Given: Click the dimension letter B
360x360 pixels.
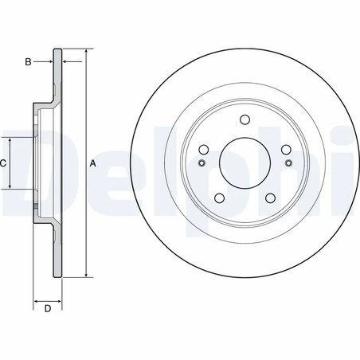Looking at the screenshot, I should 28,61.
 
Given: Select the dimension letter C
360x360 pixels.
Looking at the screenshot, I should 3,163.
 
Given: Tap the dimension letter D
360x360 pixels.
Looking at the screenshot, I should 48,309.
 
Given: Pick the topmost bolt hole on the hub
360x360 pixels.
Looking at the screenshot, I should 243,120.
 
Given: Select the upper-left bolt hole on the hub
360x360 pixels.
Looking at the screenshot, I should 203,149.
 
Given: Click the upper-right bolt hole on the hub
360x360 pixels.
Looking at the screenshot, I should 284,149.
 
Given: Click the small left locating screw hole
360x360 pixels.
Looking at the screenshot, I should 201,164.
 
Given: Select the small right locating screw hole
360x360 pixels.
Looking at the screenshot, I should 287,164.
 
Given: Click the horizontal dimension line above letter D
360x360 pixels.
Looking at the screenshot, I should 48,302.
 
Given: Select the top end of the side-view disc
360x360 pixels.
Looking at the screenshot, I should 57,49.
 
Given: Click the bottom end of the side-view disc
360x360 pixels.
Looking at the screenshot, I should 57,278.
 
